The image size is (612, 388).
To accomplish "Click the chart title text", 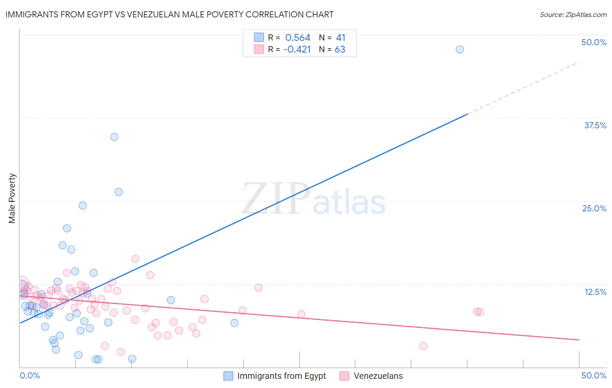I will [x=169, y=14].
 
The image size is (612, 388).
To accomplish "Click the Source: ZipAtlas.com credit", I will [x=573, y=15].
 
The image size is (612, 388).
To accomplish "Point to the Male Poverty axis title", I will [x=12, y=198].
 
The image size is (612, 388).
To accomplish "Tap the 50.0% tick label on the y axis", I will [x=594, y=42].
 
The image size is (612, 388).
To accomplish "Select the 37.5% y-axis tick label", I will [x=595, y=125].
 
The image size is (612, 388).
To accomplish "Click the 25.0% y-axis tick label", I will [x=594, y=208].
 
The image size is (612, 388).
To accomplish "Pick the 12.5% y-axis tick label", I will [x=595, y=292].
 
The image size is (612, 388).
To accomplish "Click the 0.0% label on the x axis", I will [x=30, y=375].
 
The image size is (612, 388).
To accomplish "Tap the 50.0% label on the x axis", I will [x=594, y=375].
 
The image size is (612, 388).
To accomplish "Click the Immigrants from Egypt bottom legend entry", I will [x=281, y=376].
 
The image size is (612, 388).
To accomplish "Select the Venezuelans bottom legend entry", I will [x=378, y=376].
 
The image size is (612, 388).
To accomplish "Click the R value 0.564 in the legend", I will [x=298, y=38].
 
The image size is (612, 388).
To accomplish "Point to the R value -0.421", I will [x=297, y=50].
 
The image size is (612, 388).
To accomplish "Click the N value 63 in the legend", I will [x=340, y=50].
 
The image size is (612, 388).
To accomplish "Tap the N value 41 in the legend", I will [x=340, y=38].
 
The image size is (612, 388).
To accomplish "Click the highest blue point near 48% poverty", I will [x=460, y=50].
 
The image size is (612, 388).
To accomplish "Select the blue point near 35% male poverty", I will [x=114, y=137].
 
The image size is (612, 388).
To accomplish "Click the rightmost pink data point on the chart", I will [x=480, y=312].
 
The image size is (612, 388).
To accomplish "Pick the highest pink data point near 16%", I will [x=135, y=259].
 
